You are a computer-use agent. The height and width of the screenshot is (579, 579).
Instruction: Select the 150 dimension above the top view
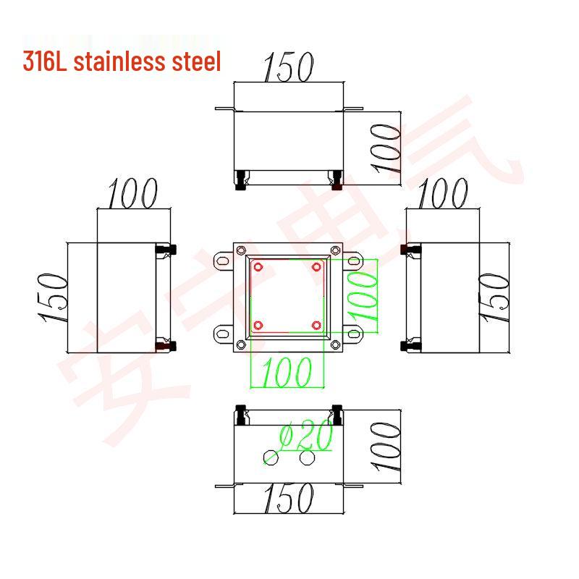tap(287, 67)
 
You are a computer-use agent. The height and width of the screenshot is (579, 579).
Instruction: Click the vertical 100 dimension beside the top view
tap(387, 148)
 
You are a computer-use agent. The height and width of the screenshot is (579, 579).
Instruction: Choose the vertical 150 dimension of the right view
tap(495, 298)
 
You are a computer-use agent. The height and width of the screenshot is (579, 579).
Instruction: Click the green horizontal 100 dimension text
tap(287, 372)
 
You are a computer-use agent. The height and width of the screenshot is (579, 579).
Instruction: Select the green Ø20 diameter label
tap(305, 436)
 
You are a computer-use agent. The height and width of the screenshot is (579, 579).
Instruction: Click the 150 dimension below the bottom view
tap(287, 498)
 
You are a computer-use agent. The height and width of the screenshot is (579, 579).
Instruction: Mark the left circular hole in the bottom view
tap(271, 457)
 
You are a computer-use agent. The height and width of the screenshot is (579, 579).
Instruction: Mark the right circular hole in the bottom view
tap(307, 457)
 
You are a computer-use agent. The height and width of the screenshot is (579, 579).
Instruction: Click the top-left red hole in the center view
tap(258, 267)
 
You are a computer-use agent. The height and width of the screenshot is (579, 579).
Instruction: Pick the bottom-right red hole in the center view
tap(316, 324)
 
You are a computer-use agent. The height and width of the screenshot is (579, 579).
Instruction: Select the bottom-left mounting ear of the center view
tap(221, 334)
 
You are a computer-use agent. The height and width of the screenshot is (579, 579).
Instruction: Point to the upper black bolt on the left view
tap(171, 250)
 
